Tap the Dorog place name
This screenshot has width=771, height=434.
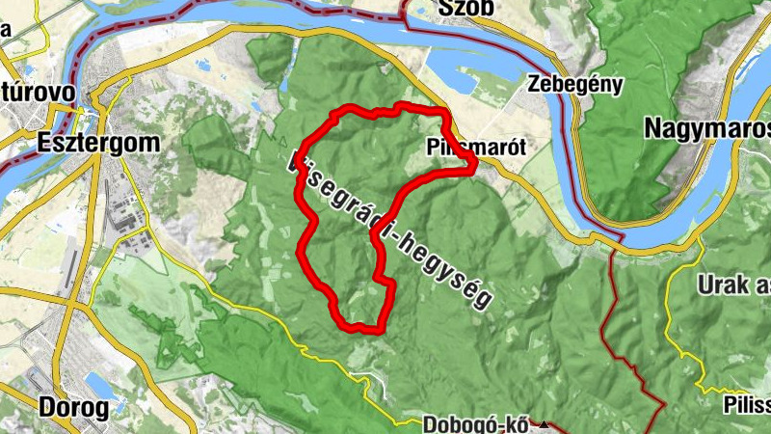click(x=73, y=407)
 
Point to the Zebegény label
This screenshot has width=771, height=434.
click(x=575, y=84)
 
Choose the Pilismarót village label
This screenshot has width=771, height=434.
click(x=464, y=149)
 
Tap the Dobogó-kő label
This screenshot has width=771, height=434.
click(x=478, y=424)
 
